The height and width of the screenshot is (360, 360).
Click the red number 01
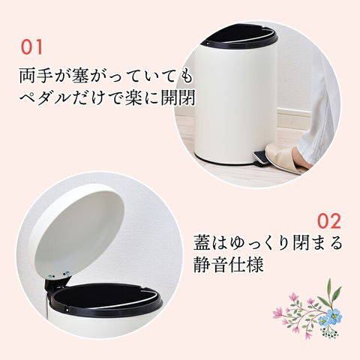tap(31, 47)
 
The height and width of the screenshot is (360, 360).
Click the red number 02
tap(329, 220)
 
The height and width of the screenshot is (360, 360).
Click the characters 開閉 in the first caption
tap(178, 97)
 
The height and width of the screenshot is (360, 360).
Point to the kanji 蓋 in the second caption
tap(202, 242)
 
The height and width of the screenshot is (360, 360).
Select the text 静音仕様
tap(229, 265)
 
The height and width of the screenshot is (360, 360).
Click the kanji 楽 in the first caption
tap(134, 97)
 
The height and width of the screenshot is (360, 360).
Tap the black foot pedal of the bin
tap(260, 158)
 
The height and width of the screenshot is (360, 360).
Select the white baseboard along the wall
tap(293, 118)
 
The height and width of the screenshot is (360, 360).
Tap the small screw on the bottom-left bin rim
tap(67, 310)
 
